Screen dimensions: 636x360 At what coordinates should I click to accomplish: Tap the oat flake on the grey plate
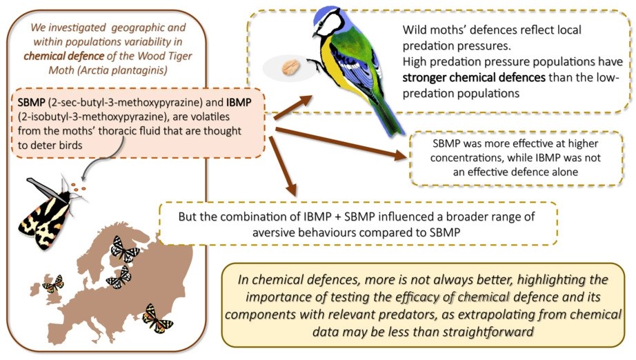pyautogui.click(x=291, y=68)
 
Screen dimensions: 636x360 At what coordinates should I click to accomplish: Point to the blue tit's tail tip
pyautogui.click(x=395, y=129)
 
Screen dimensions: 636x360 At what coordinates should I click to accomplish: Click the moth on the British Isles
pyautogui.click(x=53, y=283)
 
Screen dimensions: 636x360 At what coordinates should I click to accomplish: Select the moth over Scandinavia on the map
pyautogui.click(x=125, y=249)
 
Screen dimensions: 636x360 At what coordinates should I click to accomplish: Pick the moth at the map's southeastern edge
pyautogui.click(x=157, y=319)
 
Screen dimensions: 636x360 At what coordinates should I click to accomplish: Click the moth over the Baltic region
pyautogui.click(x=119, y=277)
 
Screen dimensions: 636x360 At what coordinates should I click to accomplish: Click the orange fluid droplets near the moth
pyautogui.click(x=78, y=187)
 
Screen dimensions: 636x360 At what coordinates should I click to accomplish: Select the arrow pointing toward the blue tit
pyautogui.click(x=293, y=108)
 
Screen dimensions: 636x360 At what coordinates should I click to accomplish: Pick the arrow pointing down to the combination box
pyautogui.click(x=283, y=166)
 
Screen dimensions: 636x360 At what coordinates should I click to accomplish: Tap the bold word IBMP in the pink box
pyautogui.click(x=239, y=102)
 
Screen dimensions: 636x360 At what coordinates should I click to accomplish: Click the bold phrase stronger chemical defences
pyautogui.click(x=474, y=77)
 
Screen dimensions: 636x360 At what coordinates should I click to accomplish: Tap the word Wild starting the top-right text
pyautogui.click(x=414, y=30)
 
